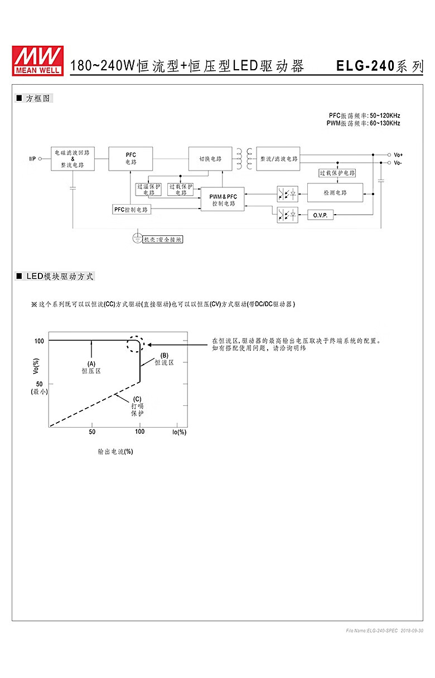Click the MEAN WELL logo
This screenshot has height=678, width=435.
click(38, 61)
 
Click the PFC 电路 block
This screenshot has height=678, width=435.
click(130, 158)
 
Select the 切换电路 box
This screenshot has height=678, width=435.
click(210, 158)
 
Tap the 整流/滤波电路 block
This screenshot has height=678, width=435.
click(278, 158)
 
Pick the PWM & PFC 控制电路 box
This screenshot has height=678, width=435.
click(223, 199)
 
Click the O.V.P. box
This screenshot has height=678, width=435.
click(320, 215)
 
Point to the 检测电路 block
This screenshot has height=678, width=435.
click(335, 192)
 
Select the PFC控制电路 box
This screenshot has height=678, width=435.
click(131, 210)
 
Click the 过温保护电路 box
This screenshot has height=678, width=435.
click(148, 190)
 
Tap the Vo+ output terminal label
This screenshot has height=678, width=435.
click(398, 154)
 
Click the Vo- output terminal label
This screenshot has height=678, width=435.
click(398, 163)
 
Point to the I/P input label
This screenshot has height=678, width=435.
click(32, 158)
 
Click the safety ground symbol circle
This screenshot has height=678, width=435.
click(137, 238)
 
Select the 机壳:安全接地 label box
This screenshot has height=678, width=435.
click(162, 239)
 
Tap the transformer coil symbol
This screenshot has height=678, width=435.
click(244, 158)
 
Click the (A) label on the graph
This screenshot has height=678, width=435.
click(91, 364)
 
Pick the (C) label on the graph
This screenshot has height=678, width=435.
click(137, 399)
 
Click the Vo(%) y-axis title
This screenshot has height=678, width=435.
click(36, 366)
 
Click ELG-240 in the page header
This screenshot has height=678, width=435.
click(365, 66)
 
